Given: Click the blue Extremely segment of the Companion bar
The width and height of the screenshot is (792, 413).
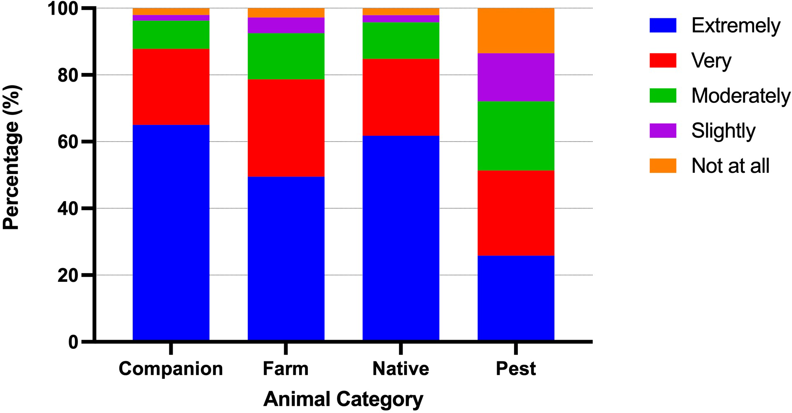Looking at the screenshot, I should [x=171, y=233].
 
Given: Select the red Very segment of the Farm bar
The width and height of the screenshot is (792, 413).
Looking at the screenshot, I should [x=286, y=128].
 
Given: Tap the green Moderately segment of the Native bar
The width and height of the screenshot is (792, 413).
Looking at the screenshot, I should [x=401, y=40].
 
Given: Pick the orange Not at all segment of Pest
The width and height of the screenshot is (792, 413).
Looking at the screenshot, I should [x=516, y=30].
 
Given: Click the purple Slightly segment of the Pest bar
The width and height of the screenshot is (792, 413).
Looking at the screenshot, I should [x=516, y=77].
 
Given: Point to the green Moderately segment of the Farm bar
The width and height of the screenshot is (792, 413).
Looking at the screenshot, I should [x=286, y=56].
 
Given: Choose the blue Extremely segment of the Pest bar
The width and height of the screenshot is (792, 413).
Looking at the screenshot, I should [x=516, y=299].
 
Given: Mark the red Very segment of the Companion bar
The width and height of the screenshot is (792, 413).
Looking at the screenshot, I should [x=171, y=87].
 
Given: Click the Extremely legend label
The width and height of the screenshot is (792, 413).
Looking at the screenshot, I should [x=735, y=26].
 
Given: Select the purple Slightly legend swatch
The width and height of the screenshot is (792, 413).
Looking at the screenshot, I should [x=663, y=130].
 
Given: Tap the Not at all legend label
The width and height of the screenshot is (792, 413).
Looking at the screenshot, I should [x=730, y=166].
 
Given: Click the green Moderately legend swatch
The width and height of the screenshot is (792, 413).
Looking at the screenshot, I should [x=663, y=95].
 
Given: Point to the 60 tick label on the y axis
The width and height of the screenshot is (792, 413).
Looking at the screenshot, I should [x=68, y=142].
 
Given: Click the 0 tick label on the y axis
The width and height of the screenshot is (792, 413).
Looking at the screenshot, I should [x=73, y=342].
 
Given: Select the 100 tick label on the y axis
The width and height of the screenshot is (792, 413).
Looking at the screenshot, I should [x=62, y=9].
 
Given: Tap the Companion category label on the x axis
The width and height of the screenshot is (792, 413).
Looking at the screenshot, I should [x=171, y=369].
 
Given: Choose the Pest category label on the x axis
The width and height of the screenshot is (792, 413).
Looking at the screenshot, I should [x=516, y=369].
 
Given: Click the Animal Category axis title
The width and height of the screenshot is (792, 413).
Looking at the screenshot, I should [x=343, y=399].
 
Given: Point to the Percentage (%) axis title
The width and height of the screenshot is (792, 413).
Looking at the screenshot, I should [x=11, y=157].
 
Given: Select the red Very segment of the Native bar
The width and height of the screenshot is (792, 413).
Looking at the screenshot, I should [x=401, y=97].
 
